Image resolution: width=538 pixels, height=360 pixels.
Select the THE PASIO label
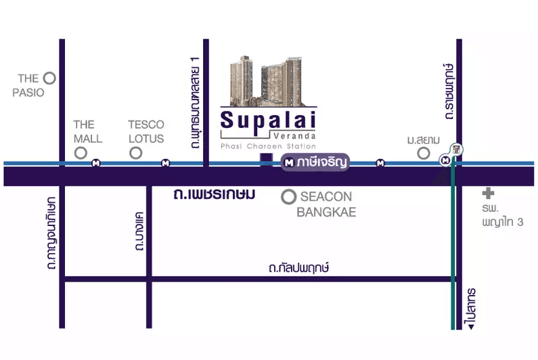28,86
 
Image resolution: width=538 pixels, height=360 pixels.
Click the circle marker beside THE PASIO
49,78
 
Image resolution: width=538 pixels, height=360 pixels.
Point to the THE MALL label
87,131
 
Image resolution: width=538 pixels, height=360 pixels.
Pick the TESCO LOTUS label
146,131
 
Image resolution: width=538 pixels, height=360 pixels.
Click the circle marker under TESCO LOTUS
136,153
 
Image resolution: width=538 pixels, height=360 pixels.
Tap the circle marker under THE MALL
81,153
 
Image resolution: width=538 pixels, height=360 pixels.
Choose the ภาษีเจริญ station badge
315,162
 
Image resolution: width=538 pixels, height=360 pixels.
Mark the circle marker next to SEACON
289,197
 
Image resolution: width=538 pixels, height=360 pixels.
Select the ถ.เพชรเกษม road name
215,195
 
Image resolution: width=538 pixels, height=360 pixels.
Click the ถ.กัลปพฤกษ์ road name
298,268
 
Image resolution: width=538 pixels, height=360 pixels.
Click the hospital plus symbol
488,193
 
